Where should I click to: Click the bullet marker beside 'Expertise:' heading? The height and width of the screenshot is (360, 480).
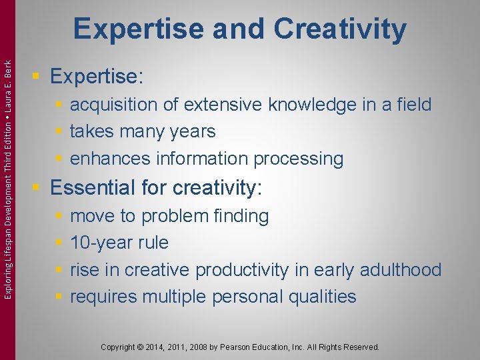[x=39, y=76]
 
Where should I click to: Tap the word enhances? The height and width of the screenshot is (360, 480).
[x=110, y=159]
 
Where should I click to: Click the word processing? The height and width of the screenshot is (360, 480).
[x=306, y=159]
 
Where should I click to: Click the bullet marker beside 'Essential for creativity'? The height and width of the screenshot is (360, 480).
[x=39, y=187]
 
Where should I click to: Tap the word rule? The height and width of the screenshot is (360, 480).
[x=153, y=243]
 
